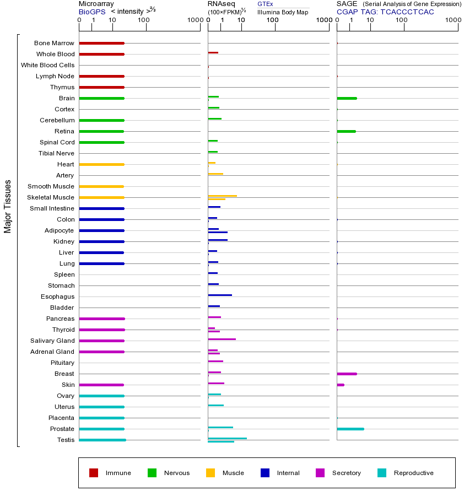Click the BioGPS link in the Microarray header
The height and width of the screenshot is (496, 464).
(92, 12)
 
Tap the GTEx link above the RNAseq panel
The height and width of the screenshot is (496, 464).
(265, 4)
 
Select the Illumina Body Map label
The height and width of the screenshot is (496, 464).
(283, 12)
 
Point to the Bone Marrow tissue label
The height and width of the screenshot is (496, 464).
(54, 43)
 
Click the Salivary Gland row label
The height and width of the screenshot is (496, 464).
(52, 341)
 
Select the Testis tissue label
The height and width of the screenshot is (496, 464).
(66, 440)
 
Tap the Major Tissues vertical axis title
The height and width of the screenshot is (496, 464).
(8, 206)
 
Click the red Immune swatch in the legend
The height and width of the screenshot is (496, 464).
(94, 473)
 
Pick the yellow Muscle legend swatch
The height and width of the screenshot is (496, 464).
(211, 473)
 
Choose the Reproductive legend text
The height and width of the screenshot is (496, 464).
(414, 473)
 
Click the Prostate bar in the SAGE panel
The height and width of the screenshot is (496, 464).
(350, 429)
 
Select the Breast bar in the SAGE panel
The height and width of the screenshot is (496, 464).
(347, 374)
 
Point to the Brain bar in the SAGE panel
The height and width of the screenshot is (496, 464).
(347, 98)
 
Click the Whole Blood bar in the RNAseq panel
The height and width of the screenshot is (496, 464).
(213, 53)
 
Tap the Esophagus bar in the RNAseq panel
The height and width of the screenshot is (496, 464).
(220, 295)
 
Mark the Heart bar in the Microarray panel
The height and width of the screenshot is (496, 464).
(101, 164)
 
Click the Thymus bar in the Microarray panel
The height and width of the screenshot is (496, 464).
(101, 87)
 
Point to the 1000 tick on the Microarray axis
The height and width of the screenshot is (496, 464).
(194, 20)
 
